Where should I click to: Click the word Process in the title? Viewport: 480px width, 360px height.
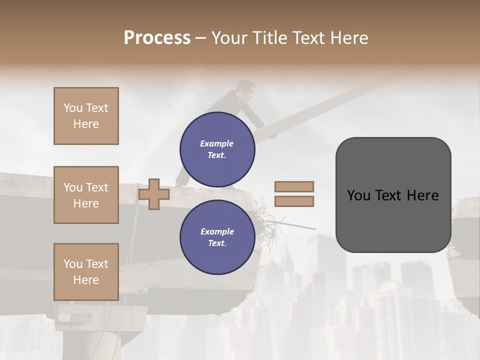(157, 38)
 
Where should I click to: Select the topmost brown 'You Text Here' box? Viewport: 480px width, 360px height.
(86, 116)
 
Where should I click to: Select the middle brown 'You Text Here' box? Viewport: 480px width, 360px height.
(86, 195)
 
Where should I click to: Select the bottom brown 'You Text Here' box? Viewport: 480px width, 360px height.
(86, 271)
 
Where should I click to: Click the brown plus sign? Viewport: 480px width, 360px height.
(154, 194)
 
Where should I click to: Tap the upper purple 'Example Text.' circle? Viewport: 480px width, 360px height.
(217, 149)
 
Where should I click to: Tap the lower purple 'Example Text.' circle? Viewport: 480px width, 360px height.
(217, 237)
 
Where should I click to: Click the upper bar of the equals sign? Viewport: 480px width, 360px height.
(294, 186)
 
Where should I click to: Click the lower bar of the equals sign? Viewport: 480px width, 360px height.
(294, 201)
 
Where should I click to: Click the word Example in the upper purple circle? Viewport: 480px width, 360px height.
(217, 143)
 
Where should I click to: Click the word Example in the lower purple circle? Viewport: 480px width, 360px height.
(217, 231)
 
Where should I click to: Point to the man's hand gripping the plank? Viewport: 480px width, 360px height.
(272, 135)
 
